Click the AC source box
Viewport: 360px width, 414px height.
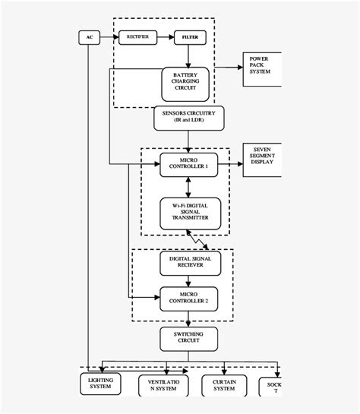[89, 36]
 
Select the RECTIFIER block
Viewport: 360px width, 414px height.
[137, 36]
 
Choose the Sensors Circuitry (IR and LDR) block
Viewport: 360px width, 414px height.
[189, 117]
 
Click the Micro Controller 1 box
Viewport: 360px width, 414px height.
[188, 163]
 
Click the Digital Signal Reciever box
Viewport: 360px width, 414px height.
[188, 263]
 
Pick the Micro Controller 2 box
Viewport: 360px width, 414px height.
[188, 297]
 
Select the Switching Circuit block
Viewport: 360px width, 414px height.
[188, 337]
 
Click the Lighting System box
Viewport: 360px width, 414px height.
[100, 384]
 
